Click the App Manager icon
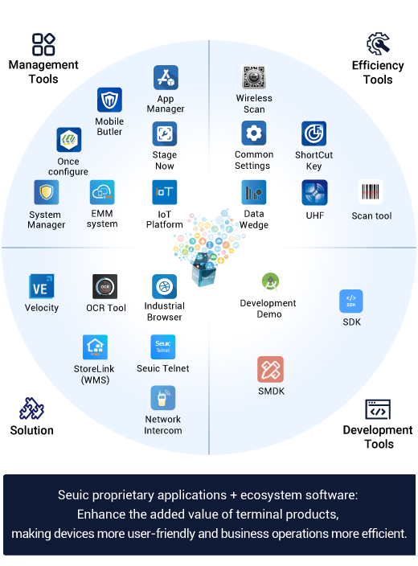[x=166, y=78]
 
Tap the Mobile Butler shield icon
[x=109, y=100]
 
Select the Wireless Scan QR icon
[x=254, y=76]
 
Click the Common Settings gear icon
[x=254, y=133]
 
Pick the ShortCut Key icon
[x=313, y=133]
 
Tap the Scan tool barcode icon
[x=371, y=191]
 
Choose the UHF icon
[x=314, y=192]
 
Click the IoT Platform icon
[x=165, y=192]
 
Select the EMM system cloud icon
[x=102, y=192]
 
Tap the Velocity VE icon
[x=42, y=286]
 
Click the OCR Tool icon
[x=105, y=286]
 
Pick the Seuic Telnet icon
[x=163, y=347]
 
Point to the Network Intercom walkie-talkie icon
[x=163, y=398]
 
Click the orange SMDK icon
[x=270, y=369]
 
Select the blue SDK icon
[x=351, y=301]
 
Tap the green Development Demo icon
[x=270, y=282]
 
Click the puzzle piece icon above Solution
[x=32, y=408]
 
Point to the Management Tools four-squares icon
[x=43, y=44]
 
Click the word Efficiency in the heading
[x=378, y=65]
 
